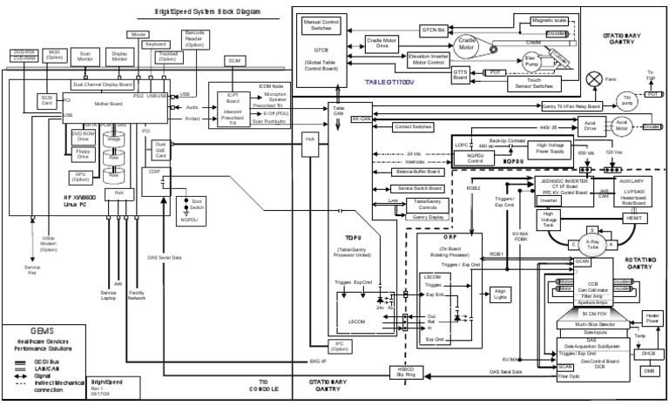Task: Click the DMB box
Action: point(648,370)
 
